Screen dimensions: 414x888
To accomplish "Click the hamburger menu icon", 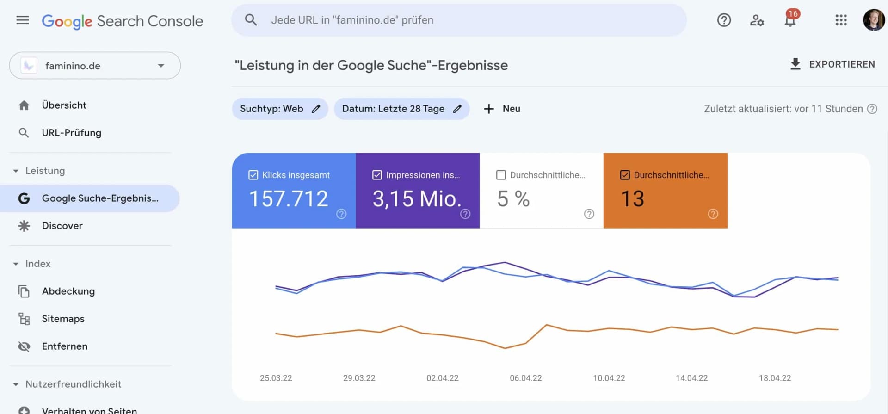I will click(x=23, y=20).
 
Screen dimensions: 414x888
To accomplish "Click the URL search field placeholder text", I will click(x=352, y=20).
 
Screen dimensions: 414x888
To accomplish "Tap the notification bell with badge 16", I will click(x=790, y=20).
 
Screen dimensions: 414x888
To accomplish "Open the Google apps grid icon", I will click(x=841, y=20).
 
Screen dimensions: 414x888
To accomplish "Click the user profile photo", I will click(x=874, y=20).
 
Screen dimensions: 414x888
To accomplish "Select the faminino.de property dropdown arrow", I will click(x=161, y=66).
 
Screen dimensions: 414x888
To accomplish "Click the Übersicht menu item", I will click(x=64, y=105).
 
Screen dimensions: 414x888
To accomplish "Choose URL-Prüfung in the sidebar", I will click(x=71, y=133).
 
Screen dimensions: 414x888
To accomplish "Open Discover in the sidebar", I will click(x=62, y=226).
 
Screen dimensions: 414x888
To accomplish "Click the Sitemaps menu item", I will click(x=63, y=319).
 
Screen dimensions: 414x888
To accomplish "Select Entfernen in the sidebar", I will click(x=64, y=346).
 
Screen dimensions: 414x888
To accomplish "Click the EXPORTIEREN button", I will click(x=833, y=64).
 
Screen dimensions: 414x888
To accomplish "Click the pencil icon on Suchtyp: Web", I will click(x=316, y=109).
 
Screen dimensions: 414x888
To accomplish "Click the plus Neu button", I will click(x=502, y=109).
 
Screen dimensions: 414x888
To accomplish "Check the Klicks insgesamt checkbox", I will click(x=253, y=175).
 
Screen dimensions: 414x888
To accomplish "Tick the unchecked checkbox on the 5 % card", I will click(x=501, y=175).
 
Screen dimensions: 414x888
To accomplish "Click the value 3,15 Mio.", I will click(x=417, y=199).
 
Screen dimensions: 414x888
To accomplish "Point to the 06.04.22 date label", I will click(x=525, y=378).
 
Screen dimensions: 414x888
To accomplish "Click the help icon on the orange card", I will click(x=713, y=214).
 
